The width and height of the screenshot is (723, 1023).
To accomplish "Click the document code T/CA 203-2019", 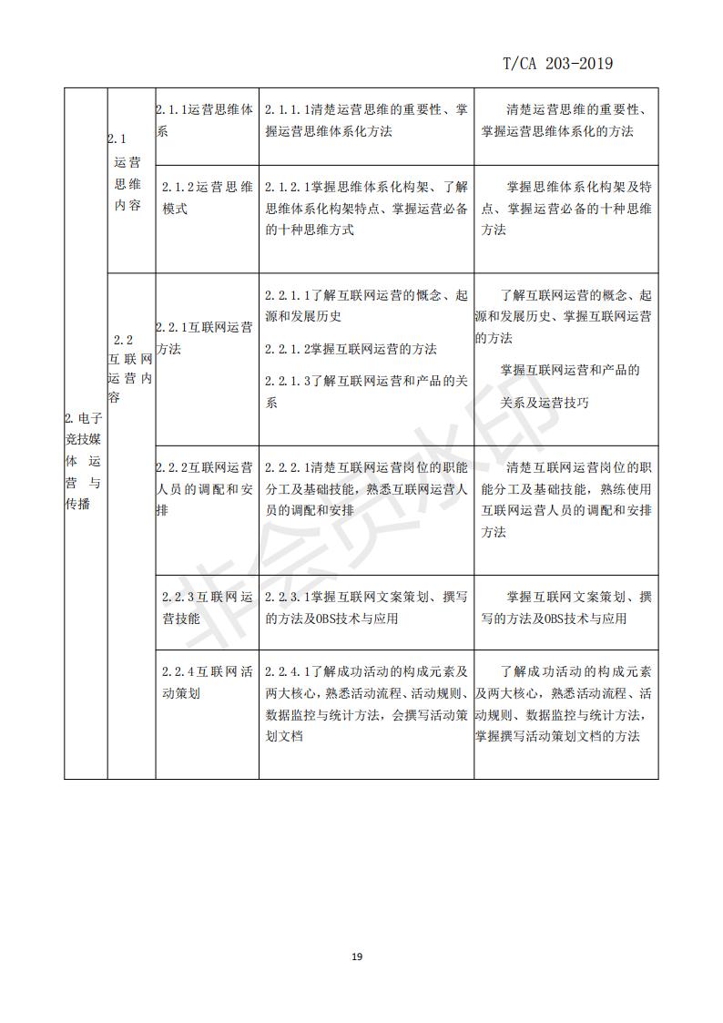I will coord(557,64).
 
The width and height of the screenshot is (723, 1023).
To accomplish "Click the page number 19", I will coord(357,957).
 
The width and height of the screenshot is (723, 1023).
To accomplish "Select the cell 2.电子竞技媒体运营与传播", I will coord(85,461).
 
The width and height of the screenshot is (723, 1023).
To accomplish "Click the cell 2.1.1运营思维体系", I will coord(205,120).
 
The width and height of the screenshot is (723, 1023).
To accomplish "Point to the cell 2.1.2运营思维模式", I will coord(206,197).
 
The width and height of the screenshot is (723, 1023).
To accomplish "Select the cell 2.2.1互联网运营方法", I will coord(205,338).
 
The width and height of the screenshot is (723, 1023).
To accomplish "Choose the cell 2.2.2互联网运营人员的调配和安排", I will coord(205,489).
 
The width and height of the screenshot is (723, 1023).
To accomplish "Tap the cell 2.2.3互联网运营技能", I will coord(206,608).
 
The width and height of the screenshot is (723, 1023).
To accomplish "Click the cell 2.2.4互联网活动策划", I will coord(206,682).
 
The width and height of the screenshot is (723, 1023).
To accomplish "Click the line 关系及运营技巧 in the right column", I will coord(545,403).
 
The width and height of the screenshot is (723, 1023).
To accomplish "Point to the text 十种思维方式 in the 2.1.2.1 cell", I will coord(310,230).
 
